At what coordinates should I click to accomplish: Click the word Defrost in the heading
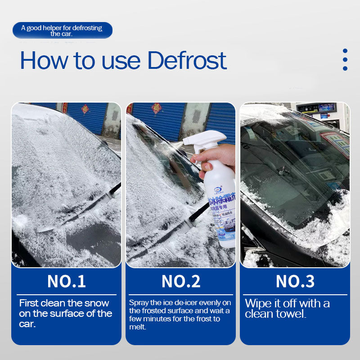(x=187, y=60)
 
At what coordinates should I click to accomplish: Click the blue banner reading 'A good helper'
(x=62, y=30)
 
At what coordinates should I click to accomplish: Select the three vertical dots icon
(x=345, y=60)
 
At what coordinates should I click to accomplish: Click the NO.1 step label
(x=66, y=281)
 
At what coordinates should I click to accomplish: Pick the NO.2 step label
(x=180, y=281)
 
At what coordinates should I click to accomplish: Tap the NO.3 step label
(x=295, y=281)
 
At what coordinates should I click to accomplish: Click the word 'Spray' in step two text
(x=138, y=303)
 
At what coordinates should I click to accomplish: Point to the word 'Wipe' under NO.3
(x=258, y=303)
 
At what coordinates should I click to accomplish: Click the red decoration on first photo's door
(x=85, y=109)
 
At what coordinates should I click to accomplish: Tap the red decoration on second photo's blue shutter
(x=156, y=108)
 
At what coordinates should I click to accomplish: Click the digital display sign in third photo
(x=320, y=108)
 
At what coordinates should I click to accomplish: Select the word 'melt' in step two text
(x=137, y=327)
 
